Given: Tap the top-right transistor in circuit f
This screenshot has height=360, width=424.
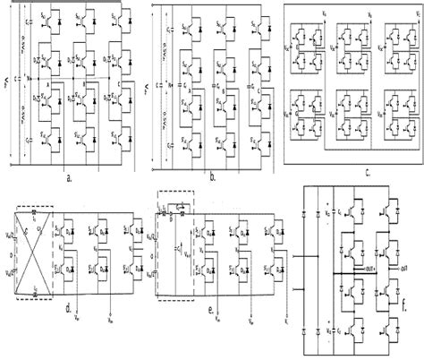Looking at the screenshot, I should click(391, 210).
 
